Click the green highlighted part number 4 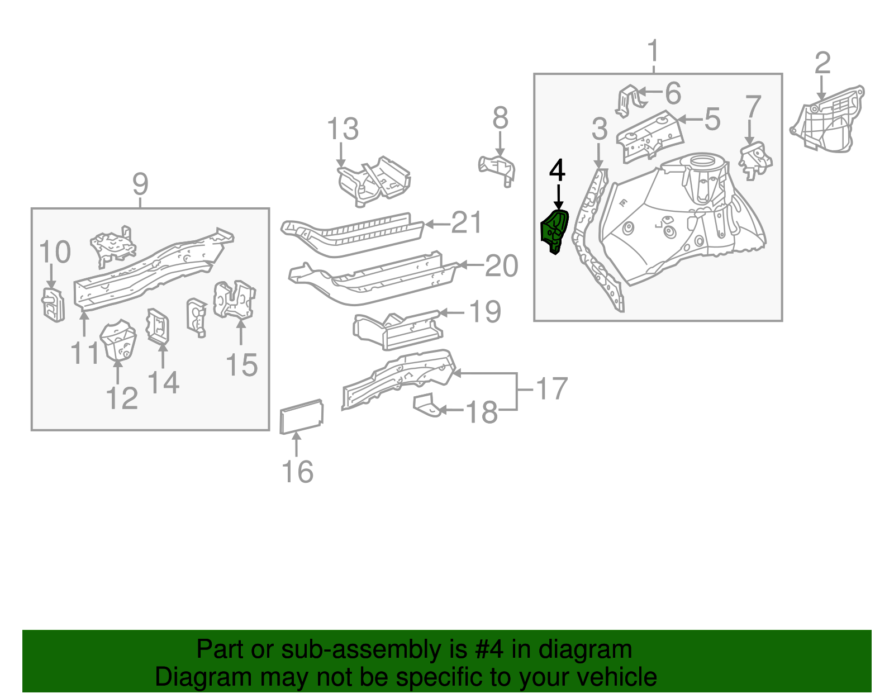[554, 230]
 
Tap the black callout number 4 [557, 170]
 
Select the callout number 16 [297, 472]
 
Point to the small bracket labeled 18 [425, 405]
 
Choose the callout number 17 [551, 388]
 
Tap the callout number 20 [501, 265]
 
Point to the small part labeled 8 [497, 168]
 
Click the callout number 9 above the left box [140, 184]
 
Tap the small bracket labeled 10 [53, 305]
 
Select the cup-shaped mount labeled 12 [118, 341]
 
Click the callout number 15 [241, 365]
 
